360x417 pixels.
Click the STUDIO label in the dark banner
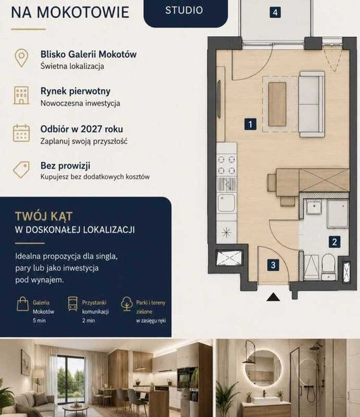point(184,10)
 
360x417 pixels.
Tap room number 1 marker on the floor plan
point(250,124)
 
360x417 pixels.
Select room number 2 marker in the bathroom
point(334,242)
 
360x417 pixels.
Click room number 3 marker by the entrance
point(273,265)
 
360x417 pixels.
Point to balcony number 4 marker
point(275,13)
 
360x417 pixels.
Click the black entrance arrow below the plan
point(273,297)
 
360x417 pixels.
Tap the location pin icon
point(22,58)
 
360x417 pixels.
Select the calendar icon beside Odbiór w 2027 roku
point(22,133)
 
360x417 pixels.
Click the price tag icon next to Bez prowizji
point(22,170)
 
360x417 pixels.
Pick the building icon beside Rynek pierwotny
point(22,95)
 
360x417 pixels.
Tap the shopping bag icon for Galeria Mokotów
point(23,304)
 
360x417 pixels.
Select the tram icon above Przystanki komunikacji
point(72,304)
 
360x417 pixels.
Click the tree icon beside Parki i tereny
point(126,304)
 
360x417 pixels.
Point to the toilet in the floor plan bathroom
point(328,267)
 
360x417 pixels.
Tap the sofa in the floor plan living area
point(311,104)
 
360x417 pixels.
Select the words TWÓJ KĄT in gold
point(44,216)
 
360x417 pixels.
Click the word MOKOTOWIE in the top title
point(83,13)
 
